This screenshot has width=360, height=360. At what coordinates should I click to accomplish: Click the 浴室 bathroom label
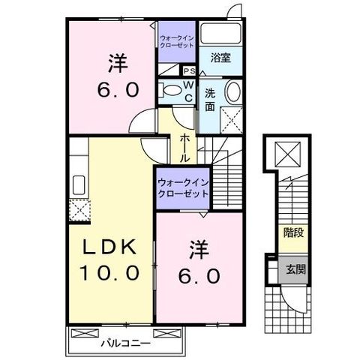click(x=219, y=57)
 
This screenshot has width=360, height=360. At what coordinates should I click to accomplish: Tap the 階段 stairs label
click(x=293, y=233)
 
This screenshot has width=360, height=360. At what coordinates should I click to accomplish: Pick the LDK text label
click(x=110, y=247)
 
